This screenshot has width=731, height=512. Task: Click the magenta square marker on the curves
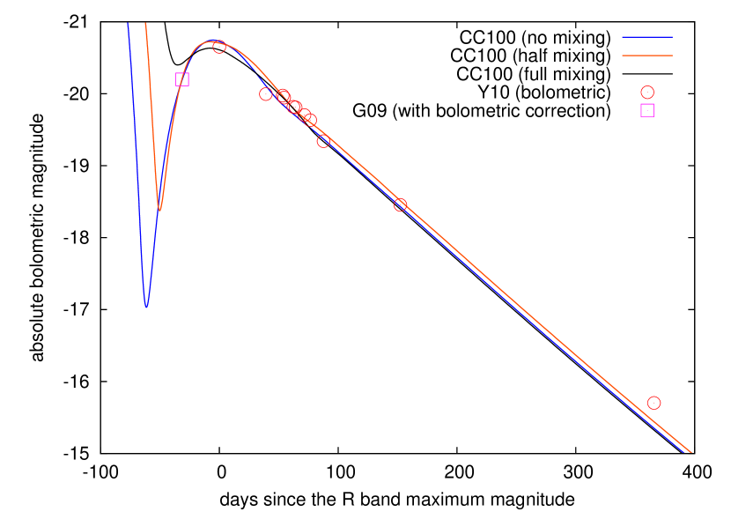[182, 79]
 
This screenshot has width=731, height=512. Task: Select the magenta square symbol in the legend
[647, 110]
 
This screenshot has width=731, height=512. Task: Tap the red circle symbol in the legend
[647, 92]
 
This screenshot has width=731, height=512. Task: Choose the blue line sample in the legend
[647, 37]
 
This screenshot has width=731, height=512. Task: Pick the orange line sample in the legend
[647, 56]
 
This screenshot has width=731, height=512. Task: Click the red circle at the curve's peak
[219, 47]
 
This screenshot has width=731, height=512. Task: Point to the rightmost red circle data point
[653, 403]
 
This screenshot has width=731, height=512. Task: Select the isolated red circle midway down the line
[400, 204]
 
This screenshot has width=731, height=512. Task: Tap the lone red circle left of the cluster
[266, 94]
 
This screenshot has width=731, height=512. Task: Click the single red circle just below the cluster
[323, 141]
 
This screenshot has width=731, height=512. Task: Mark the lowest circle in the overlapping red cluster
[310, 120]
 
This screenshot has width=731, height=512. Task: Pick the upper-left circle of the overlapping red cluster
[283, 95]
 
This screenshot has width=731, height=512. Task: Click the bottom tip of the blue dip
[146, 306]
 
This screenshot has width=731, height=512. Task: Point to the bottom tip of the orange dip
[159, 210]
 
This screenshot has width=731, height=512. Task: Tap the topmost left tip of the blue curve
[129, 25]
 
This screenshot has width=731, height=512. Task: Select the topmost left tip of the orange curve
[145, 24]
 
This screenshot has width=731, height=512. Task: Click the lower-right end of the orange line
[691, 452]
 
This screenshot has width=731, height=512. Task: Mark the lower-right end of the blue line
[685, 452]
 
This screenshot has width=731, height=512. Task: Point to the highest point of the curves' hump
[210, 41]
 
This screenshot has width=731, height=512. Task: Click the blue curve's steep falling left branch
[137, 159]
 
